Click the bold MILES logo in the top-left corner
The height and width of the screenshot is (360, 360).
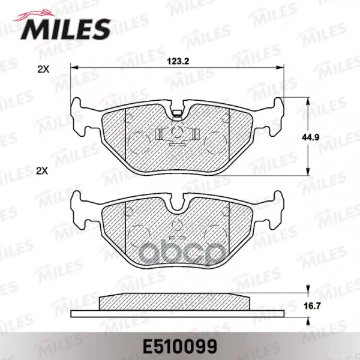[65, 29]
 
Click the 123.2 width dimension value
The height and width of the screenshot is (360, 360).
[178, 61]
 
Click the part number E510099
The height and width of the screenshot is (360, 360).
[180, 346]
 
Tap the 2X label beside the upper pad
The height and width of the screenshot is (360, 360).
[43, 70]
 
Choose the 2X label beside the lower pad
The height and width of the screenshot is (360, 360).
[42, 171]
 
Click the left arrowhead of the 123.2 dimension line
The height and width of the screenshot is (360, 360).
[74, 67]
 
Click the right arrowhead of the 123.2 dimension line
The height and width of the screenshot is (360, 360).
[280, 67]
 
